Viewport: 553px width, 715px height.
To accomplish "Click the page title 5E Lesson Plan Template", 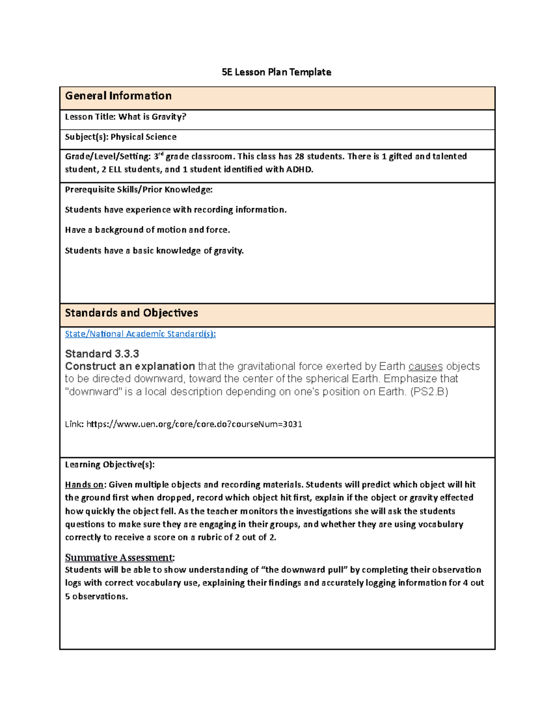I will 276,72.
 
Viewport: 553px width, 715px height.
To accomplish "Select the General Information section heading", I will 118,96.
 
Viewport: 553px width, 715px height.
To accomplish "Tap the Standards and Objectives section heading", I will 131,313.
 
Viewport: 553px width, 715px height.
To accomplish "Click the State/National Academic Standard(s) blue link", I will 140,334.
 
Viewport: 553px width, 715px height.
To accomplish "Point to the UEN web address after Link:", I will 194,424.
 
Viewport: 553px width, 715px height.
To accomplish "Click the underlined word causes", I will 425,366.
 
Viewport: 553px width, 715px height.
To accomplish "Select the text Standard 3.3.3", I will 102,354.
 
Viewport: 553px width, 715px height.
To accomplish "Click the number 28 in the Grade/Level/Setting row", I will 299,157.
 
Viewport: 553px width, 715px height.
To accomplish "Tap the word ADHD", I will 299,169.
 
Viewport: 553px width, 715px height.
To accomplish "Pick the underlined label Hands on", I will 84,485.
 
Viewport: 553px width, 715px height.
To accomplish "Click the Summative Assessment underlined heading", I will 119,558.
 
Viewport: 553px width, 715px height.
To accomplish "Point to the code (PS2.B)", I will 429,392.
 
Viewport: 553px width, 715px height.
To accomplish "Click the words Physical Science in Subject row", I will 143,137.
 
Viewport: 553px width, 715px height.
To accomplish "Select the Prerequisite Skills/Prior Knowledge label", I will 139,190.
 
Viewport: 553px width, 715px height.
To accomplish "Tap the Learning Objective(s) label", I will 110,465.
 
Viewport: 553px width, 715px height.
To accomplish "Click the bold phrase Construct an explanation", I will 130,366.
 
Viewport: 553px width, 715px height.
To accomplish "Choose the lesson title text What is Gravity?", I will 152,117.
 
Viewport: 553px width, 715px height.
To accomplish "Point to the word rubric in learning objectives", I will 209,537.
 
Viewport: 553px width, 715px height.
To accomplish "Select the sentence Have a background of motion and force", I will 147,230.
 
